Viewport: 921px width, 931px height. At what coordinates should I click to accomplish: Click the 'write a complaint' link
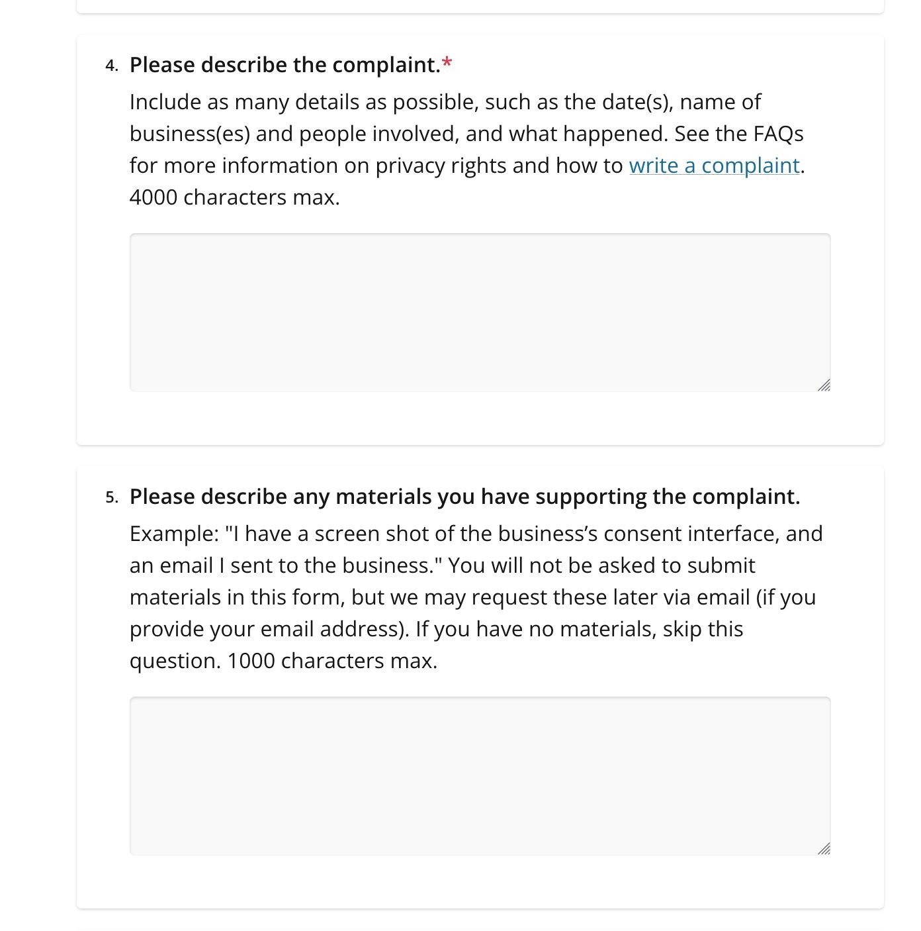point(714,166)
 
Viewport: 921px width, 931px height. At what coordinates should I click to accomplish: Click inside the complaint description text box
point(480,312)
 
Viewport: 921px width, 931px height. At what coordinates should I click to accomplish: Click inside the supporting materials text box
point(480,775)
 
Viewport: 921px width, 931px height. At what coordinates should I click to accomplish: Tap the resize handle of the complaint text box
point(824,385)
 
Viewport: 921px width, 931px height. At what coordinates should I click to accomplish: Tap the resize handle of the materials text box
point(824,849)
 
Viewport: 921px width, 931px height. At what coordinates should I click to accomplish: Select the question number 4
point(111,66)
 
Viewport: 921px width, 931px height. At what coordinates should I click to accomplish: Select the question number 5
point(111,497)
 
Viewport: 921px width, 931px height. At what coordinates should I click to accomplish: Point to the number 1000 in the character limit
point(251,661)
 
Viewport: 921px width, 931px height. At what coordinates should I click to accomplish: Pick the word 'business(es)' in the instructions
point(189,134)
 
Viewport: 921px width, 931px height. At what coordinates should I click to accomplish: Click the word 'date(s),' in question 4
point(637,102)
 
